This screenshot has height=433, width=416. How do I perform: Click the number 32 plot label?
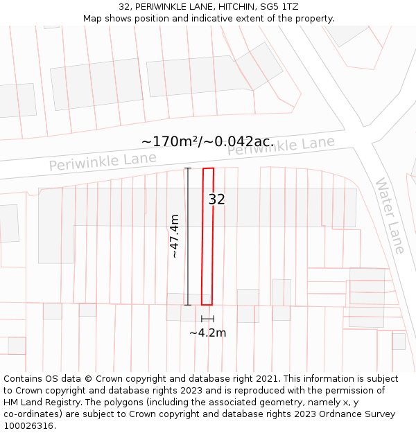(216, 200)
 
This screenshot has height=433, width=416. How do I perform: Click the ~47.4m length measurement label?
(175, 236)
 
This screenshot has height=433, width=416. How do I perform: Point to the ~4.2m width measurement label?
(207, 333)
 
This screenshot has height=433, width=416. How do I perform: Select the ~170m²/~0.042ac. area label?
(207, 141)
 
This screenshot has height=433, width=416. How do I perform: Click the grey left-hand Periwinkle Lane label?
(103, 162)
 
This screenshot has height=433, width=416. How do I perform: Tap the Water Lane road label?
(390, 215)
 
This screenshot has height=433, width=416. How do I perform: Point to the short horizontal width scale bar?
(207, 319)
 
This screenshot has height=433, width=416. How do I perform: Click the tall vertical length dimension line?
(188, 236)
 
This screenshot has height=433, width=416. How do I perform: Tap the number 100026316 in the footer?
(28, 426)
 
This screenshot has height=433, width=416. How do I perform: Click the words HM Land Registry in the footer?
(38, 403)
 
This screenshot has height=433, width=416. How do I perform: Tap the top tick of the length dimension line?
(188, 168)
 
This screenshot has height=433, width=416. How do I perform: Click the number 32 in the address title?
(125, 7)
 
